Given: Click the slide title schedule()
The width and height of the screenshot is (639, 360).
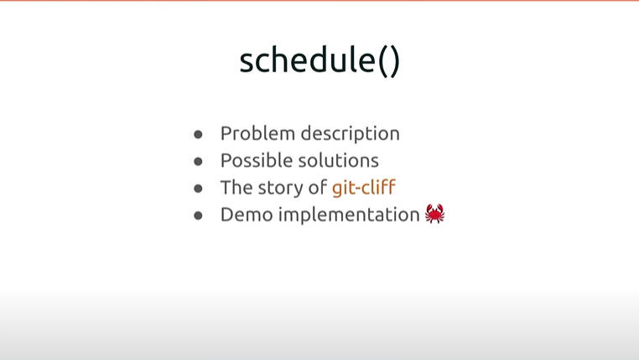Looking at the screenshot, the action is click(x=319, y=60).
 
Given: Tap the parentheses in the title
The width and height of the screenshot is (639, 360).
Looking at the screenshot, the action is click(x=389, y=61).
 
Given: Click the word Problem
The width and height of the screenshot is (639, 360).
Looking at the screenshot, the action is click(x=257, y=133).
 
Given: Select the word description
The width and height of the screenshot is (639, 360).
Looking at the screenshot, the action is click(x=350, y=133).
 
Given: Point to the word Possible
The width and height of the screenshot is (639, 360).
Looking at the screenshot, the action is click(x=257, y=160).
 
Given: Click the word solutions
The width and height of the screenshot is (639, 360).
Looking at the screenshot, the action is click(x=339, y=160).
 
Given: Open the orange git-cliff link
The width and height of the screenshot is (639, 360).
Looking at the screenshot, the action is click(x=363, y=187).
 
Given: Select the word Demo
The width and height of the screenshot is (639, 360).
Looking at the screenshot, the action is click(x=247, y=215).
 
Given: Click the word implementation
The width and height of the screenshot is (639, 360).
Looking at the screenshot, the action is click(x=349, y=215).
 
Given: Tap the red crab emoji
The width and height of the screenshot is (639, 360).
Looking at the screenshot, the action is click(x=435, y=214).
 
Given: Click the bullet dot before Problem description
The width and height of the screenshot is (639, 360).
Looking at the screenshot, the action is click(x=198, y=134).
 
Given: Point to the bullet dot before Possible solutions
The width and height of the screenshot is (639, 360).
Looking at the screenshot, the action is click(x=198, y=161).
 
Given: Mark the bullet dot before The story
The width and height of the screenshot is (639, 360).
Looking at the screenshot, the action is click(x=198, y=188).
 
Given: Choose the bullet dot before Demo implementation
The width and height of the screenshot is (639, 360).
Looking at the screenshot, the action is click(x=198, y=216).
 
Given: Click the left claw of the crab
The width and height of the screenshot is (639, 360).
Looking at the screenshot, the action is click(x=429, y=209).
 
